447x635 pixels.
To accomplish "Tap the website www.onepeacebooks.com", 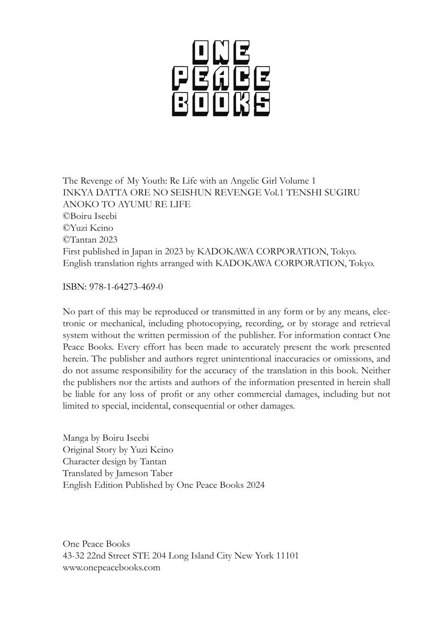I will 111,568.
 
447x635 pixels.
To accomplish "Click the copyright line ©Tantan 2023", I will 90,239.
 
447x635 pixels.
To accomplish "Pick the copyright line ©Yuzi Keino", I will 88,228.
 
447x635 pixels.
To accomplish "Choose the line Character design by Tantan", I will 114,461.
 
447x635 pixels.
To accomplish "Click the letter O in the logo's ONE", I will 200,53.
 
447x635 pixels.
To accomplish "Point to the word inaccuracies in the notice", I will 274,359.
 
